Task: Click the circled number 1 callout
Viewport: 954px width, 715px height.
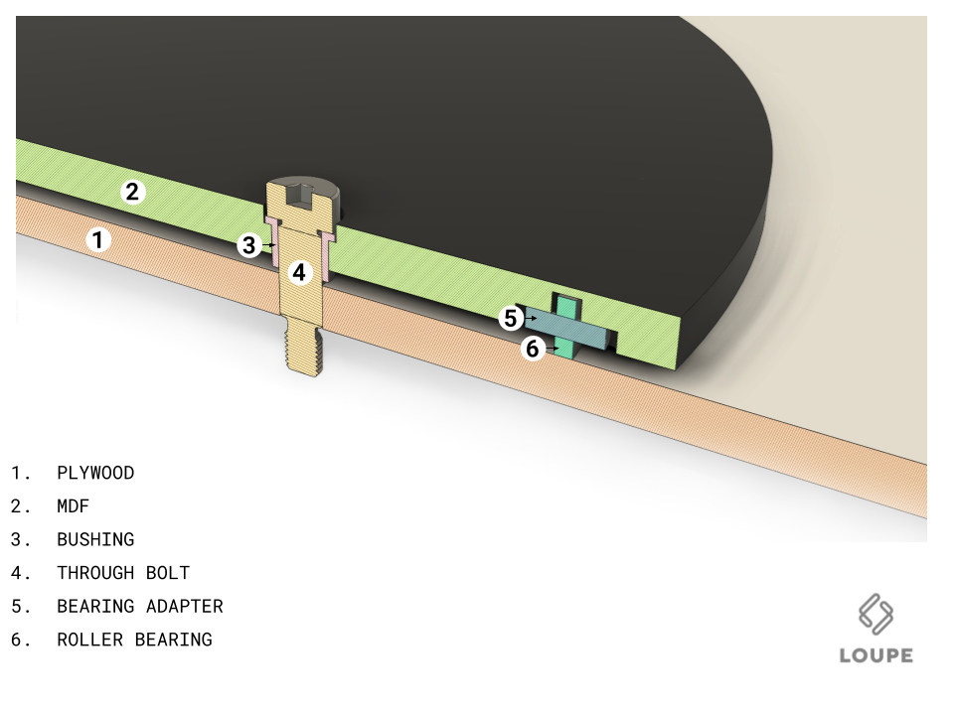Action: tap(98, 239)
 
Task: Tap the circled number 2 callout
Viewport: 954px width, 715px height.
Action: tap(132, 192)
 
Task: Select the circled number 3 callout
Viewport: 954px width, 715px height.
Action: tap(248, 245)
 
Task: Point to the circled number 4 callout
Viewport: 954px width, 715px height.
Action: tap(299, 272)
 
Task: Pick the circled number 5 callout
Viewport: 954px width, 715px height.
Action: tap(511, 319)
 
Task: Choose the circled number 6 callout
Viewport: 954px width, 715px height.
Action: tap(533, 349)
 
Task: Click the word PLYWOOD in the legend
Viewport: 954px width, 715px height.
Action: tap(95, 473)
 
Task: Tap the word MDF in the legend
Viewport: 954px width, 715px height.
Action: tap(73, 506)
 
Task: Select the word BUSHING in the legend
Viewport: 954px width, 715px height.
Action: tap(95, 540)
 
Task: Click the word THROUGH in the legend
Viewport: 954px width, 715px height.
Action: tap(95, 573)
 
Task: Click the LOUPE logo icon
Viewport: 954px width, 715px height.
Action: tap(876, 614)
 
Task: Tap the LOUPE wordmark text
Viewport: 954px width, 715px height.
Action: tap(876, 655)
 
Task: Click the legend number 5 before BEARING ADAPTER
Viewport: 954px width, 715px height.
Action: tap(18, 607)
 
